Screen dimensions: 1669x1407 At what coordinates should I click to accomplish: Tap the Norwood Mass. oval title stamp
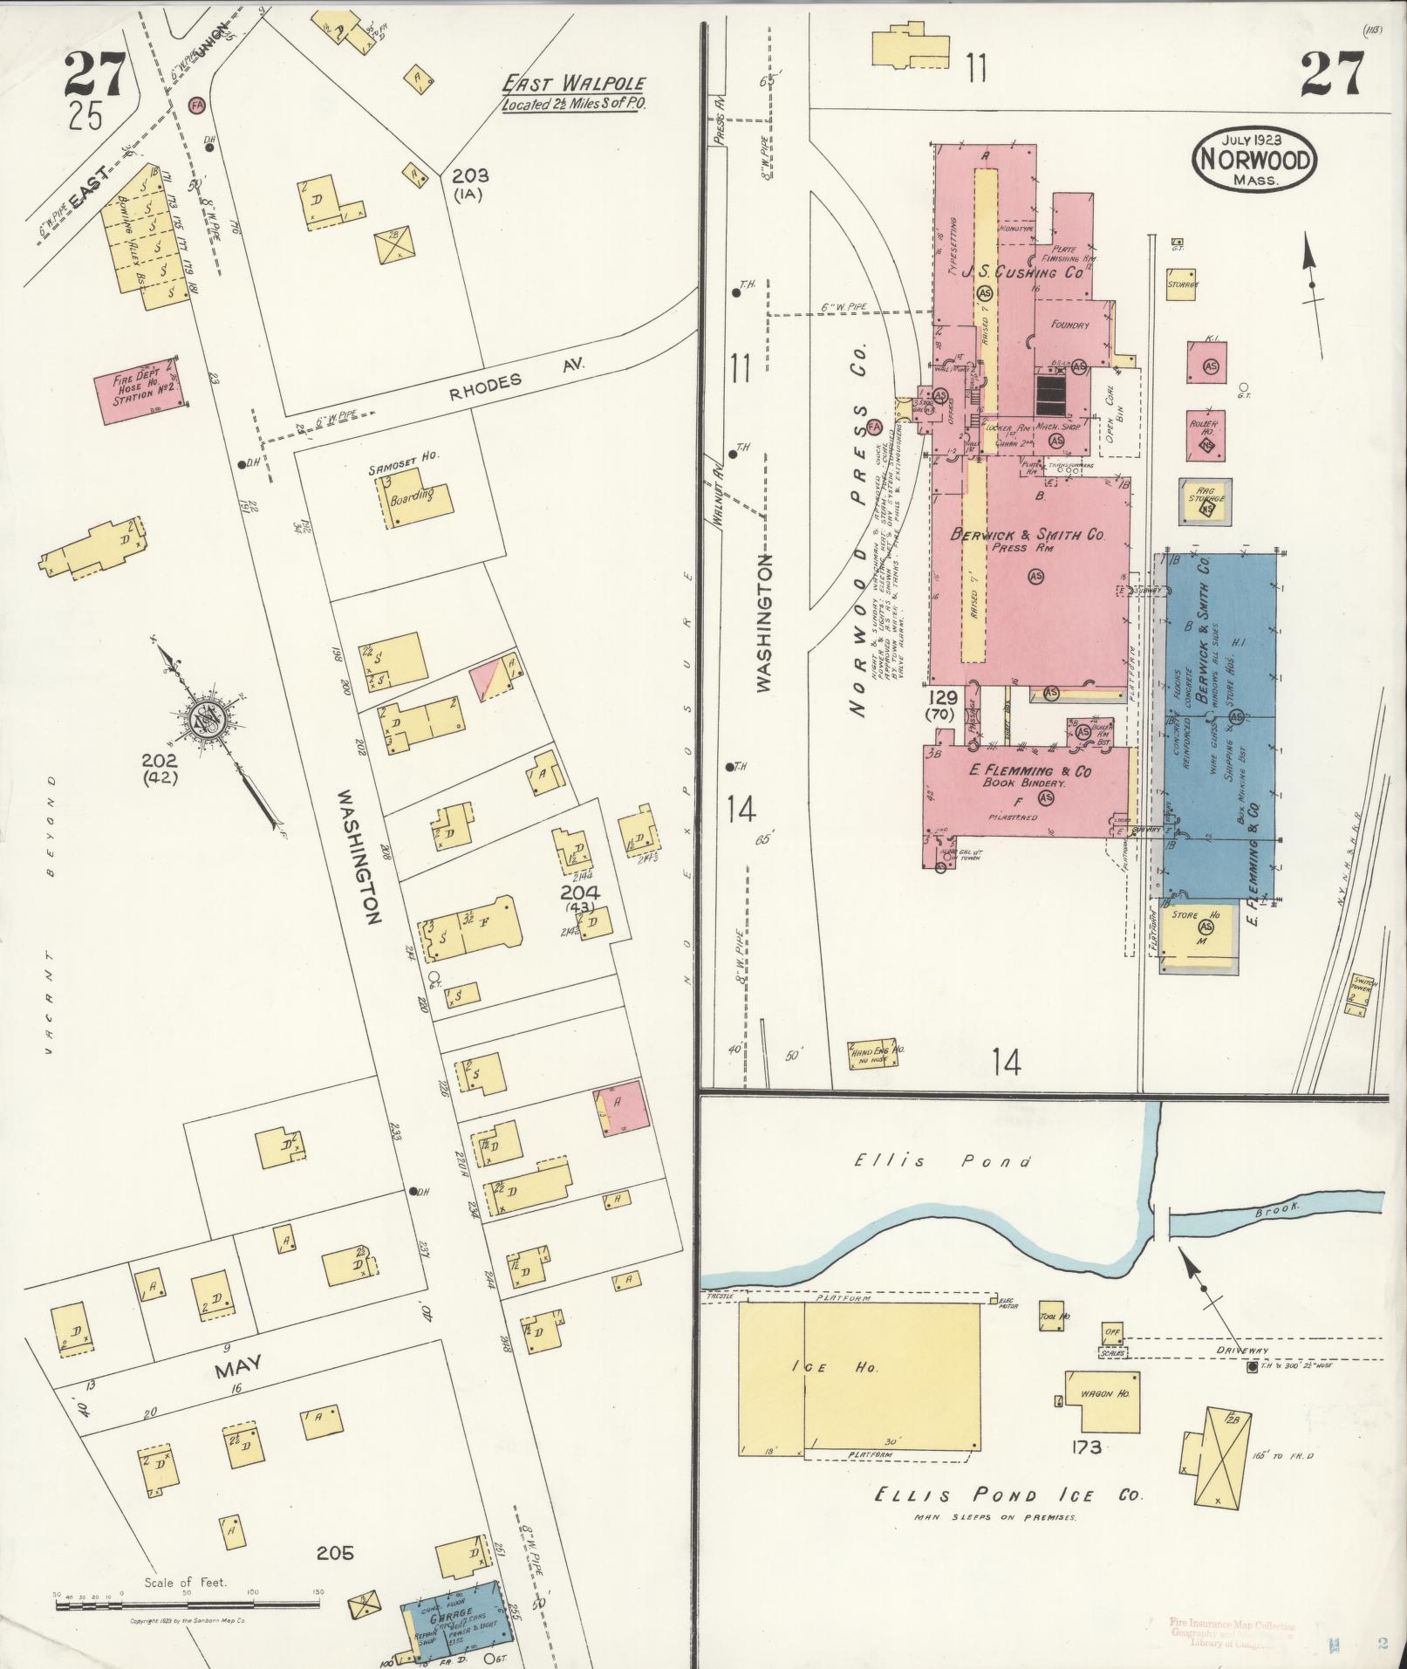(1254, 158)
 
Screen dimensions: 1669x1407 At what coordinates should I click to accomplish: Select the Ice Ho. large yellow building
(859, 1381)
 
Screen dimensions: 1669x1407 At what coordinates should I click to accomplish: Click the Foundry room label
(1069, 325)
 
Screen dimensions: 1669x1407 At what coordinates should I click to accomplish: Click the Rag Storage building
(1205, 502)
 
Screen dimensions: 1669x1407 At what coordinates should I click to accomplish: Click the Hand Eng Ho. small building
(874, 1053)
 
